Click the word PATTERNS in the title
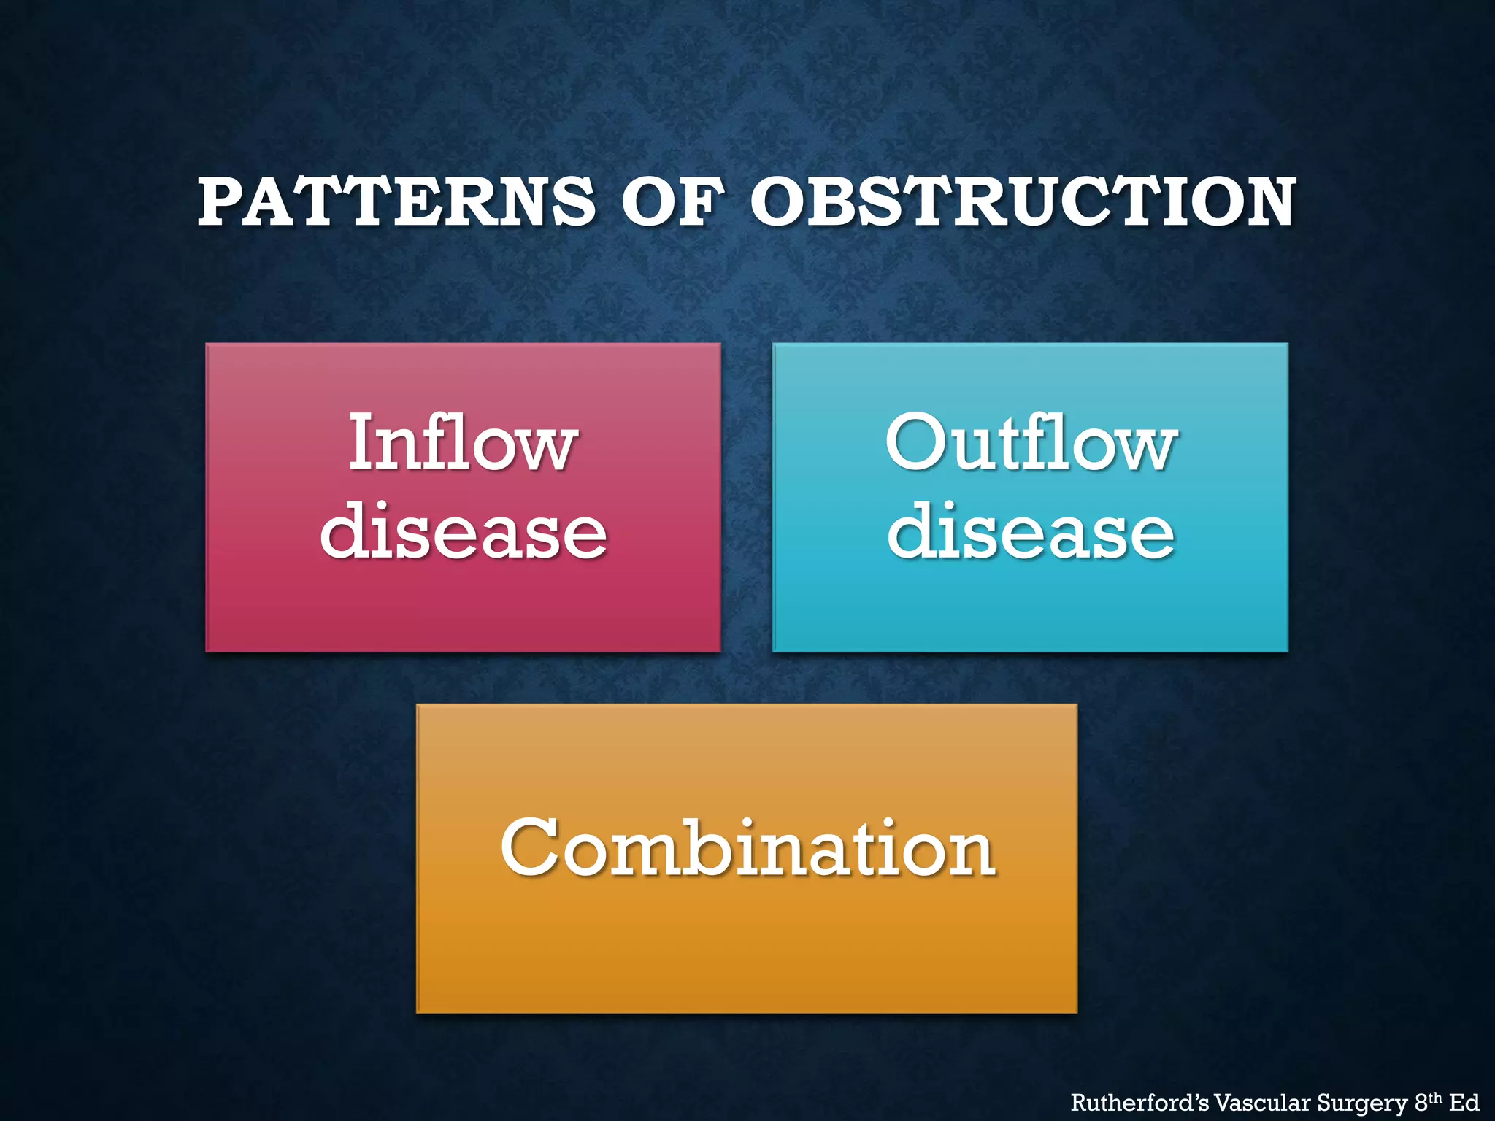coord(396,201)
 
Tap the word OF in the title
coord(672,201)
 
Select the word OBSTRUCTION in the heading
coord(1023,201)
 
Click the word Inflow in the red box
coord(463,442)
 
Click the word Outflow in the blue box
coord(1031,442)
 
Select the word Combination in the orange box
coord(747,848)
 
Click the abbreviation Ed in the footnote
coord(1464,1102)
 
